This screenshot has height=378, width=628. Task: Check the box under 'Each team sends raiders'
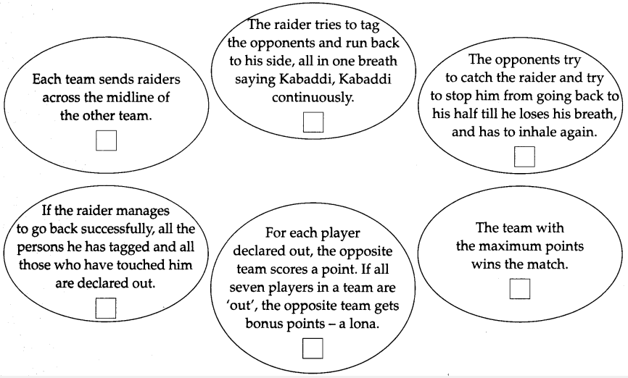(106, 140)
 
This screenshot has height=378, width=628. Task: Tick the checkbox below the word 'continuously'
(313, 122)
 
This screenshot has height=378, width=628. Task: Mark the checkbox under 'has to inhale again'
(524, 156)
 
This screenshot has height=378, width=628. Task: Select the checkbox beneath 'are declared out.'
(106, 308)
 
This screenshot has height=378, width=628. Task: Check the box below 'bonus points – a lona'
(313, 348)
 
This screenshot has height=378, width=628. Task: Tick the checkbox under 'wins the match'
(520, 289)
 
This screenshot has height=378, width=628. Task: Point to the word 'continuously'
(313, 97)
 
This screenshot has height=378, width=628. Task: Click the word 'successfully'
(117, 229)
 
